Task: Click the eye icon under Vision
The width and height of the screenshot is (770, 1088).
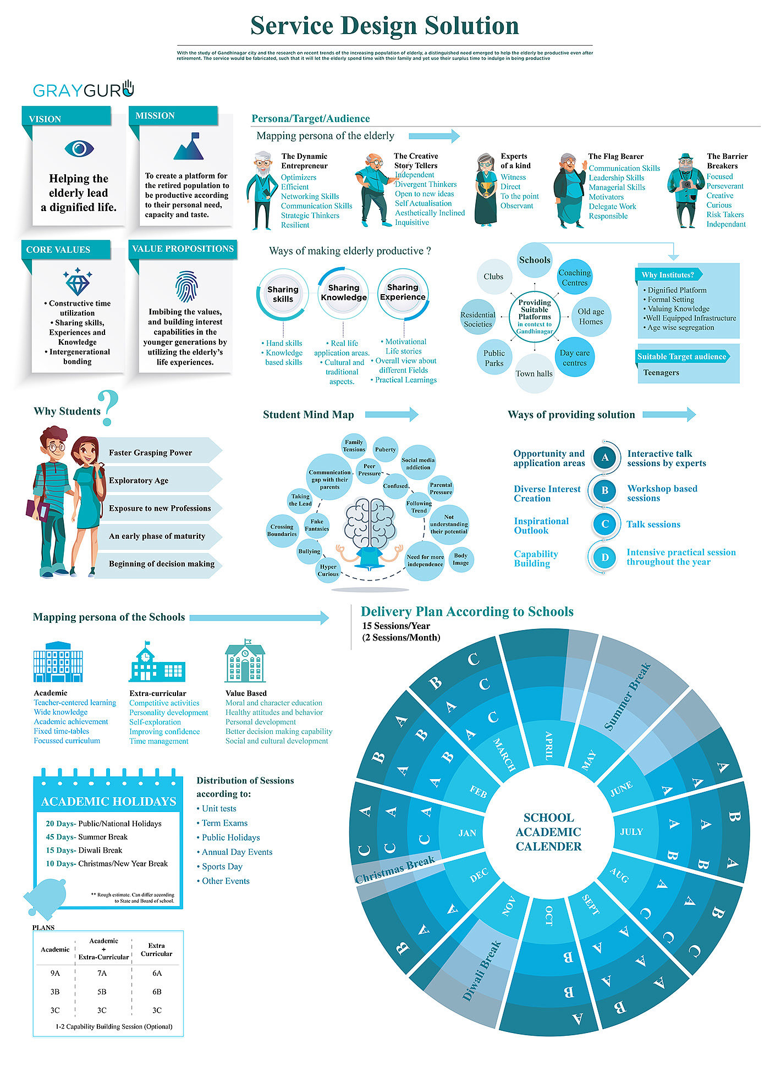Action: click(x=79, y=148)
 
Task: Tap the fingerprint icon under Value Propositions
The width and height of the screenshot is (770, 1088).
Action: click(x=186, y=286)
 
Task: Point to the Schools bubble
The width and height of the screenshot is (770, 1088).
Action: click(x=535, y=260)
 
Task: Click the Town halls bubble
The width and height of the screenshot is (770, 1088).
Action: click(x=534, y=374)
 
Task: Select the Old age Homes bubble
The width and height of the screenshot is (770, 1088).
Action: click(x=591, y=317)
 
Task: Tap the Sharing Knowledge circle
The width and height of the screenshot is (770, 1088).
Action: click(x=344, y=293)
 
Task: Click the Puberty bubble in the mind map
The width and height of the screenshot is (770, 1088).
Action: click(x=385, y=450)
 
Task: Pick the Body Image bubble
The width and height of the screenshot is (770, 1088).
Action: click(x=461, y=559)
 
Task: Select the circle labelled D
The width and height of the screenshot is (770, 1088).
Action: click(x=605, y=557)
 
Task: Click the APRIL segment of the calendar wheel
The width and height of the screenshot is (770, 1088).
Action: click(x=548, y=745)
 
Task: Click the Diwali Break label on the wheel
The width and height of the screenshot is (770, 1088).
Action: click(x=481, y=971)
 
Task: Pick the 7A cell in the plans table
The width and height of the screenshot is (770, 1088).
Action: click(x=102, y=973)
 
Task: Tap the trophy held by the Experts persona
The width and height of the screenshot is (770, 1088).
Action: click(x=486, y=188)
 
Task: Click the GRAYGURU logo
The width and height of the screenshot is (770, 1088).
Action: click(x=83, y=90)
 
